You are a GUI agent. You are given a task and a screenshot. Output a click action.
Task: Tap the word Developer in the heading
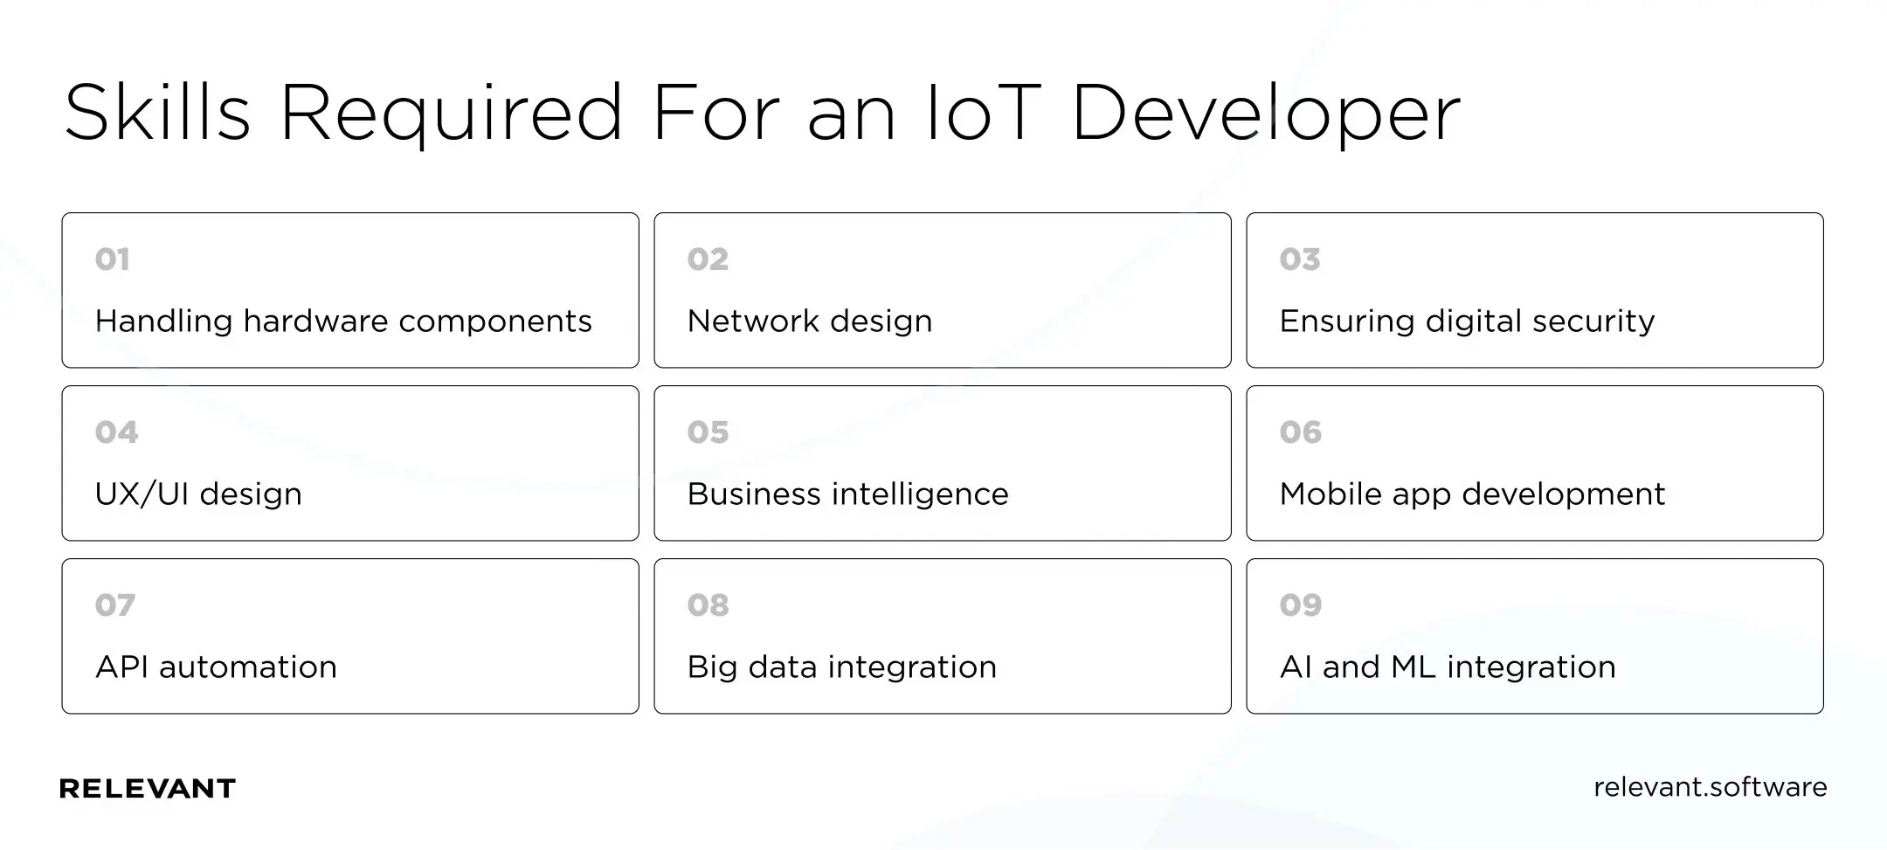pos(1266,115)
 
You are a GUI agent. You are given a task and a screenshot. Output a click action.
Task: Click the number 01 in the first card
pos(112,259)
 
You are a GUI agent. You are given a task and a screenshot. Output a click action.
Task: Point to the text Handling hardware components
pos(343,321)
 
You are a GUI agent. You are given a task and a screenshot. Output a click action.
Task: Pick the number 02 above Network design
pos(708,259)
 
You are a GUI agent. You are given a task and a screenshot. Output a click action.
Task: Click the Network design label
pos(810,321)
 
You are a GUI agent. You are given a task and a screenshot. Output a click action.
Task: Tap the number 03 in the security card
pos(1300,259)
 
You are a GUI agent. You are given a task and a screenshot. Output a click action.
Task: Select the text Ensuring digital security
pos(1467,321)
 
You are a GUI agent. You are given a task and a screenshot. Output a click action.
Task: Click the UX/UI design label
pos(198,494)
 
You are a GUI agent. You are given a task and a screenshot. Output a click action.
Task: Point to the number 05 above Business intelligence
pos(708,432)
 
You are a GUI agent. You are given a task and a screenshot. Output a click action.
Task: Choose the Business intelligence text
pos(847,494)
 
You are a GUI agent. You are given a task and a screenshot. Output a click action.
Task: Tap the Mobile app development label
pos(1472,494)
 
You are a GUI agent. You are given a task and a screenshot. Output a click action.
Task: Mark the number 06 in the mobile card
pos(1301,432)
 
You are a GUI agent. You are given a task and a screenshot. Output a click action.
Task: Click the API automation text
pos(216,667)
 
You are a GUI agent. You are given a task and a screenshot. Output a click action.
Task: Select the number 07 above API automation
pos(115,605)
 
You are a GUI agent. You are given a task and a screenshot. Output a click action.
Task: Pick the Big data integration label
pos(841,667)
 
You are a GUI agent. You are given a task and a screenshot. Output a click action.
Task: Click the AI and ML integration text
pos(1448,667)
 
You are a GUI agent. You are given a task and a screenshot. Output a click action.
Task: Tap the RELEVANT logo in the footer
pos(148,789)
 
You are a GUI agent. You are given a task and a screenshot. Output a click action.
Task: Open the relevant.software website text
pos(1711,787)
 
